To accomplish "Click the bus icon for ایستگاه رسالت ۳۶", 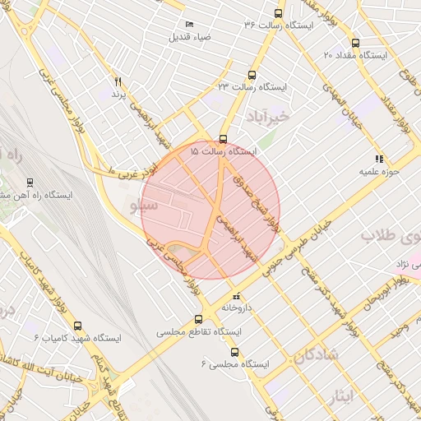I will tap(278, 13).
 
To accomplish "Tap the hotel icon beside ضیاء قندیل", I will tap(189, 25).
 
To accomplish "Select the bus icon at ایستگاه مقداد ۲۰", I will tap(355, 43).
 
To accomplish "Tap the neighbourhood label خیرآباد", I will tap(268, 118).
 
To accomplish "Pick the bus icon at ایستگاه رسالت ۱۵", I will tap(224, 139).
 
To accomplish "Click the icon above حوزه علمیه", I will tap(378, 159).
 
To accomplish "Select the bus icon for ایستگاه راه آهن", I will tap(30, 183).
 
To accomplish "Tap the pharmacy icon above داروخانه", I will tap(236, 294).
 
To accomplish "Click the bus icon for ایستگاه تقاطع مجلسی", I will tap(197, 320).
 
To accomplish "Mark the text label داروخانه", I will tap(236, 308).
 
